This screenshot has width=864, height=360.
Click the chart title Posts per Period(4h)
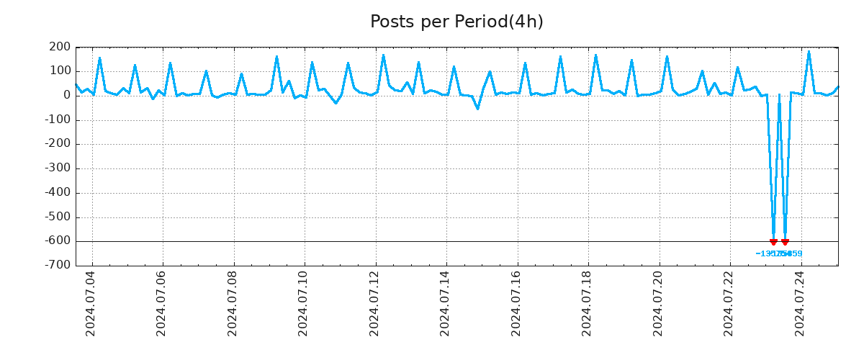(456, 22)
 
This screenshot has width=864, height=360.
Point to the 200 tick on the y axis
(60, 48)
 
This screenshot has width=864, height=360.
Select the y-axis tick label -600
(58, 241)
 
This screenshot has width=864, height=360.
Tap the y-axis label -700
(58, 266)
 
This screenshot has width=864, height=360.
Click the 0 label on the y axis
(66, 96)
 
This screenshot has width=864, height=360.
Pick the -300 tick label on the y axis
(58, 168)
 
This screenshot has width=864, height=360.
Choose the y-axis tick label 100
(60, 71)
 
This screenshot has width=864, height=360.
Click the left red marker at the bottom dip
(773, 242)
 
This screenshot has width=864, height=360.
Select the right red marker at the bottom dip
(785, 242)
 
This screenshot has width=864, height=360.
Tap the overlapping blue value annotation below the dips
(779, 253)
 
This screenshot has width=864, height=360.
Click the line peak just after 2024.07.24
(809, 51)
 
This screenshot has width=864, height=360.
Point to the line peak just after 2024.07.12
(383, 55)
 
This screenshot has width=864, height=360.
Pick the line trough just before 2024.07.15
(477, 109)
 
